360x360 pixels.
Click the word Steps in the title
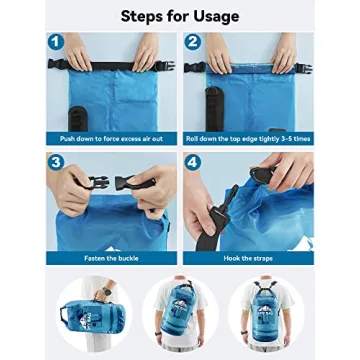point(146,15)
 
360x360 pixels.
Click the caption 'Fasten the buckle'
point(111,258)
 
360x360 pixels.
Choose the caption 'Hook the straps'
point(248,258)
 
